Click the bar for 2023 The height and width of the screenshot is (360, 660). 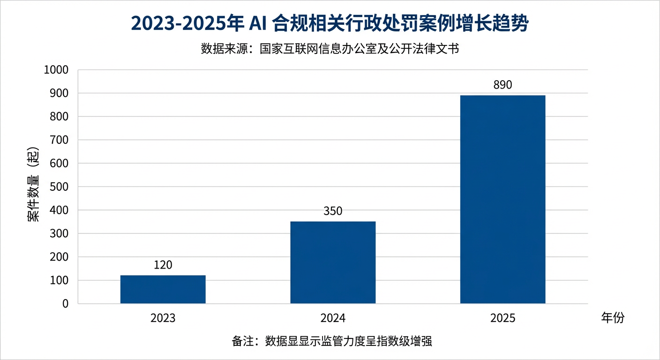pos(163,289)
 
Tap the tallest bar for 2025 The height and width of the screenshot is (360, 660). pos(502,199)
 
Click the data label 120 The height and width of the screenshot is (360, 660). pos(163,265)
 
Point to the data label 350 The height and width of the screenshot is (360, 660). pos(333,211)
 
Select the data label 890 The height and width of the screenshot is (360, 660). pos(502,85)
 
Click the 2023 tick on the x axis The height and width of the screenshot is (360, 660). pos(163,318)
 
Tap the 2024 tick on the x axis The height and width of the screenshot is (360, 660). pos(333,318)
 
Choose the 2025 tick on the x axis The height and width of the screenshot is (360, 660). pos(502,318)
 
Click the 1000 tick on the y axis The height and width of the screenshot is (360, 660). pos(56,70)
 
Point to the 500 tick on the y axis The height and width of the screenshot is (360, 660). pos(59,187)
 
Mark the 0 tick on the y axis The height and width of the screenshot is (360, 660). pos(65,304)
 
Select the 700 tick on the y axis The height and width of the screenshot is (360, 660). pos(59,140)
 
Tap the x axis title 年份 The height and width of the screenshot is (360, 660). pos(613,318)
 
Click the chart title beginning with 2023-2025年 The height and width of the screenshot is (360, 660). pos(330,24)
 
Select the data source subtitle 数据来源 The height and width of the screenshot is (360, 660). pos(330,49)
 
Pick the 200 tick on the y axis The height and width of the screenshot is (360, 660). pos(59,257)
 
